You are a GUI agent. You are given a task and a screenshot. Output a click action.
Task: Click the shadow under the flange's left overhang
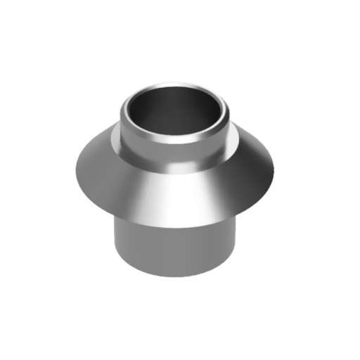click(x=123, y=218)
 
